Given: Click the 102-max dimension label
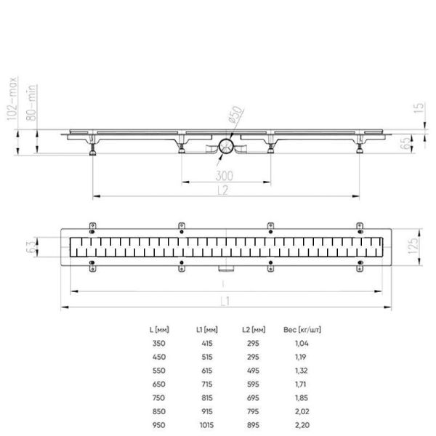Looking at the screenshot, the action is (x=12, y=98).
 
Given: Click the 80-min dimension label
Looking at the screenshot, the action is (x=31, y=102).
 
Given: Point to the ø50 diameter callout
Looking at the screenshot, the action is (x=235, y=115).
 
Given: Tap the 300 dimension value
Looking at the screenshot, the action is (x=225, y=176).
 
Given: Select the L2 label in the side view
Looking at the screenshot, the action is (x=223, y=190).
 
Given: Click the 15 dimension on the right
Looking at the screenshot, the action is (x=419, y=108).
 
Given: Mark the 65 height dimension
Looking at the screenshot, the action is (x=406, y=142).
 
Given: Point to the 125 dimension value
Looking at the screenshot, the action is (x=413, y=246).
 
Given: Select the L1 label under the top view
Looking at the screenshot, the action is (x=225, y=302).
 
